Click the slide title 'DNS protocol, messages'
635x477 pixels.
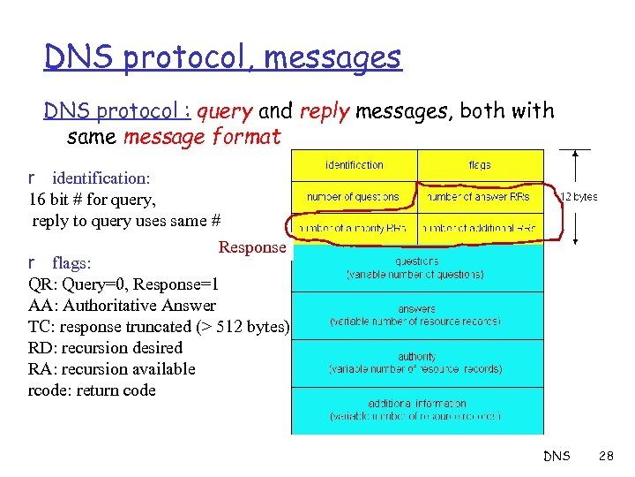223,58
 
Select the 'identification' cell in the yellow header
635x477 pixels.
355,165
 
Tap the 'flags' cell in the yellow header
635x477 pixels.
480,165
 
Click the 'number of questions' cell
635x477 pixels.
354,197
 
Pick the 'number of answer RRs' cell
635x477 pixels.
480,197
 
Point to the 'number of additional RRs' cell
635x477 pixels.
480,229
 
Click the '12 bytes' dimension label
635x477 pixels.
579,197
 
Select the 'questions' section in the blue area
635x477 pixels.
416,268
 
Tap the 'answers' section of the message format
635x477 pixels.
416,315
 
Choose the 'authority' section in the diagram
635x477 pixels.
416,362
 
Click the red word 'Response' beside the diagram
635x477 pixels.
252,247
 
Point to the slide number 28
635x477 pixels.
606,457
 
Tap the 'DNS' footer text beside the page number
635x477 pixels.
557,457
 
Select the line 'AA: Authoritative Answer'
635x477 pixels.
122,306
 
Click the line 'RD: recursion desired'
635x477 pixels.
105,348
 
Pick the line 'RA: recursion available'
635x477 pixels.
111,369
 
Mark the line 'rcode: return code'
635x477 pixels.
92,390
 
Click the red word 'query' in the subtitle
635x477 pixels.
225,112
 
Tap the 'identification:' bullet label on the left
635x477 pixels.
101,178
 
